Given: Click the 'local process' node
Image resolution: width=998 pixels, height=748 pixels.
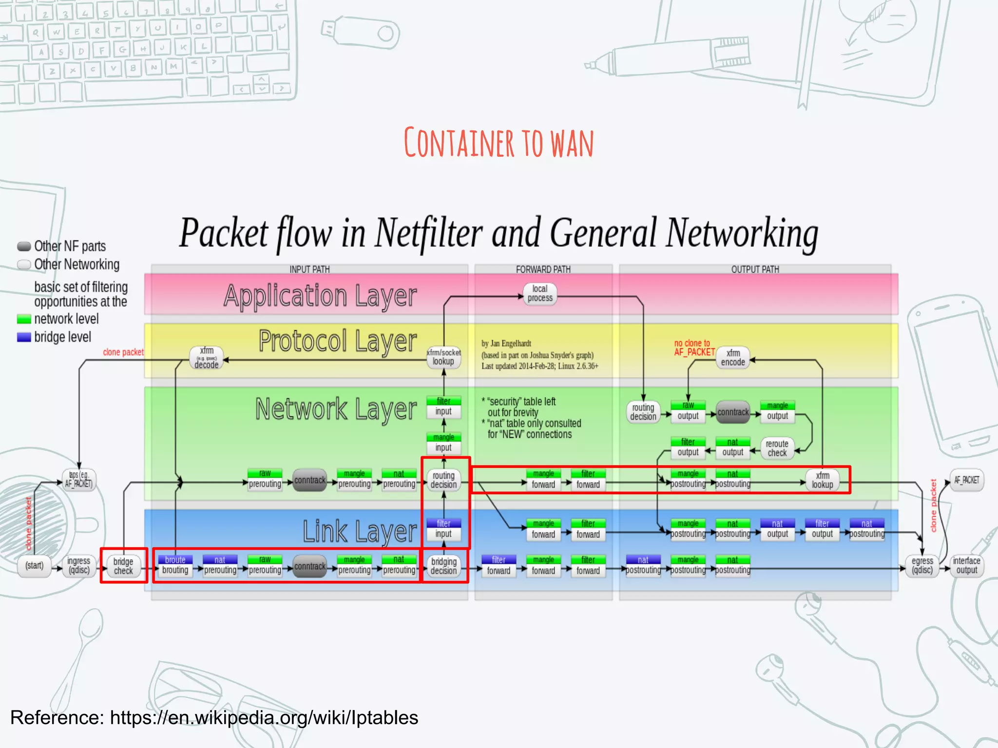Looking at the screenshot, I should point(540,294).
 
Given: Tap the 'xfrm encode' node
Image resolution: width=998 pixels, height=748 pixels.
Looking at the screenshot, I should point(733,358).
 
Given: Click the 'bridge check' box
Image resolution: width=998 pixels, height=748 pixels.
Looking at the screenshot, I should point(123,566).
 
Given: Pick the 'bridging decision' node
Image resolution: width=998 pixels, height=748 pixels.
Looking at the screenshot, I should point(443,566).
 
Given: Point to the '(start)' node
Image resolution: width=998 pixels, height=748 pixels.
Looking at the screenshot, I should point(35,566).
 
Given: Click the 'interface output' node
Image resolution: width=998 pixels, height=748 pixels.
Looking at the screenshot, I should point(967,566).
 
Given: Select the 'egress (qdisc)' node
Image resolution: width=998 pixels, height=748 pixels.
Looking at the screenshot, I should point(922,566).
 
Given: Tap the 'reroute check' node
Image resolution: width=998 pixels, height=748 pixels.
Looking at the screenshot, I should point(777,449).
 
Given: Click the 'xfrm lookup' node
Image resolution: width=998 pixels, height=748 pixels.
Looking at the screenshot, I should point(823,480).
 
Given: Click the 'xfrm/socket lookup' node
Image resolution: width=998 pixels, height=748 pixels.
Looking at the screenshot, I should point(443,357).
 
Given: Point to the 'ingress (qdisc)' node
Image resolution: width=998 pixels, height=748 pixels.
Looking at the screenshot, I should point(79,566).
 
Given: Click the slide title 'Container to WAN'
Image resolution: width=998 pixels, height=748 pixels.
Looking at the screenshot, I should point(499,143).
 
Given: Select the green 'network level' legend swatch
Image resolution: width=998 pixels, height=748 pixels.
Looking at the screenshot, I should point(24,319).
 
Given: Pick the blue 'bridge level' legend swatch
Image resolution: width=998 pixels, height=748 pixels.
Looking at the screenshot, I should point(24,337).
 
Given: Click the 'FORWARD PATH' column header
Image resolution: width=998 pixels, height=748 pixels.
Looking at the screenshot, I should point(543,269).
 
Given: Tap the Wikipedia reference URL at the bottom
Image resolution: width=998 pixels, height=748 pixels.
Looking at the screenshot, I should point(264,718).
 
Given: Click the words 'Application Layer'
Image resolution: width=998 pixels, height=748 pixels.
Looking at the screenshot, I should point(320,296).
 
